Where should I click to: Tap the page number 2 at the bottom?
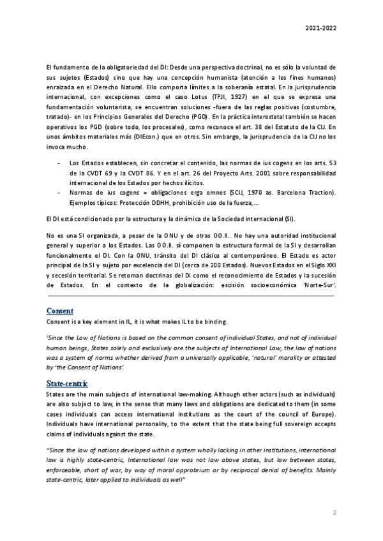(x=334, y=512)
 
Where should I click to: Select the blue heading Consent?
(x=61, y=311)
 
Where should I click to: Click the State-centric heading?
(x=67, y=383)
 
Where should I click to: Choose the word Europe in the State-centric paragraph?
(x=320, y=415)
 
